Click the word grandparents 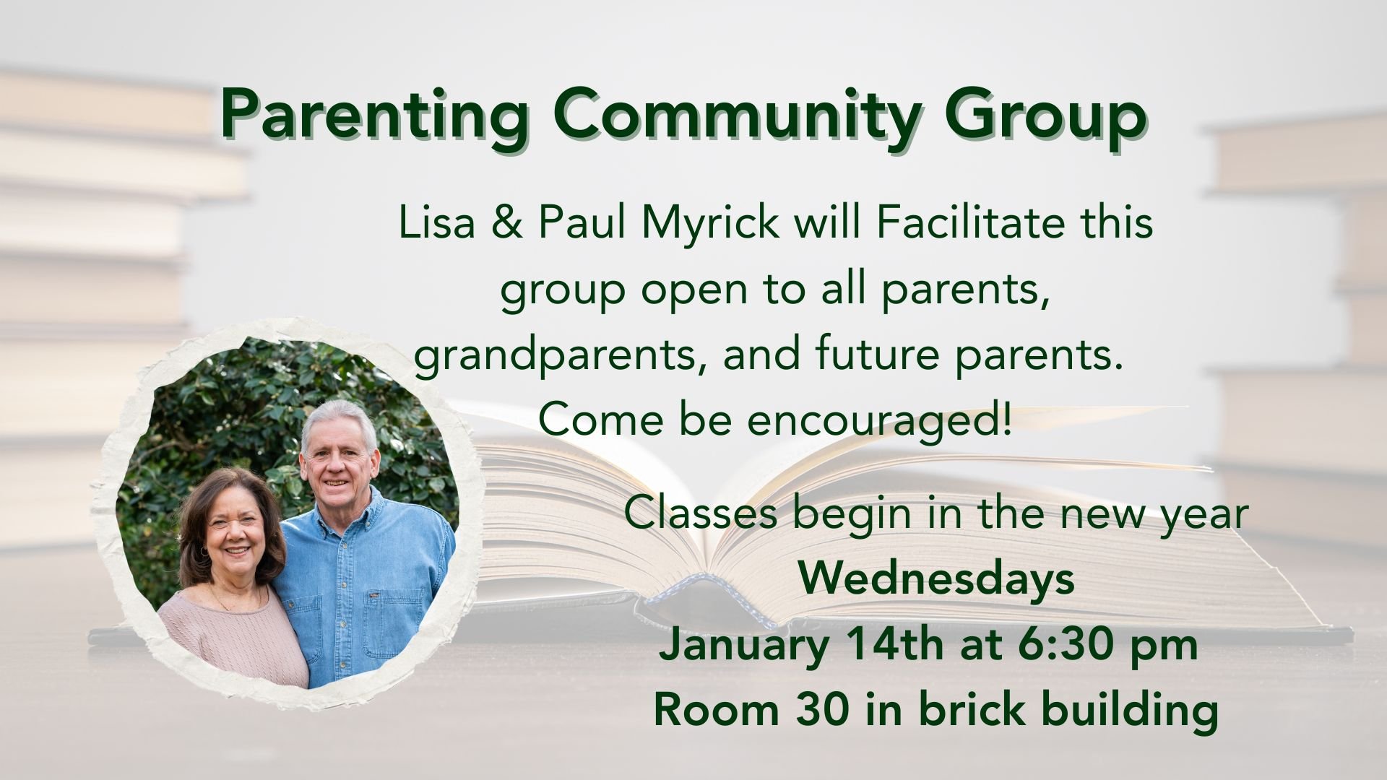556,355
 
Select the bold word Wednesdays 936,579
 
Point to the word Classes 700,514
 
